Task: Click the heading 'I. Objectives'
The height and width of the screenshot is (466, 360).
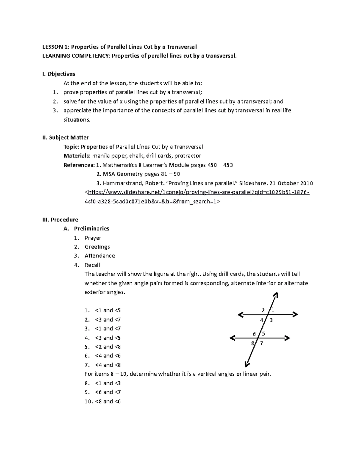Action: (x=59, y=74)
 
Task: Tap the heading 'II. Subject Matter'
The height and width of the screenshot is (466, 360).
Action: (x=65, y=137)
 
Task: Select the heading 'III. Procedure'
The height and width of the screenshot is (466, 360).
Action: (x=60, y=219)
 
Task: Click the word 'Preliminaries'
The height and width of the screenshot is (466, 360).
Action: (x=91, y=228)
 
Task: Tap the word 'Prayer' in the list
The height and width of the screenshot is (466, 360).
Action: (x=93, y=238)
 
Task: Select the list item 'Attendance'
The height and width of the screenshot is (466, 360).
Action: (x=100, y=256)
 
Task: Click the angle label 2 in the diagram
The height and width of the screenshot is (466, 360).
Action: (x=263, y=310)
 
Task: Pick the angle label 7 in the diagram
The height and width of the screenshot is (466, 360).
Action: (x=262, y=343)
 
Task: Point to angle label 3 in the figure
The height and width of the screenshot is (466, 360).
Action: (x=271, y=320)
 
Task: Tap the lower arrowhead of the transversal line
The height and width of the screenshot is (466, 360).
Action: (x=247, y=364)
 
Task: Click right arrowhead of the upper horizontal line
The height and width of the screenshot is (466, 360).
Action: (x=295, y=314)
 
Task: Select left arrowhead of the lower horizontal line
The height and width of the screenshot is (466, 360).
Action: (x=232, y=338)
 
